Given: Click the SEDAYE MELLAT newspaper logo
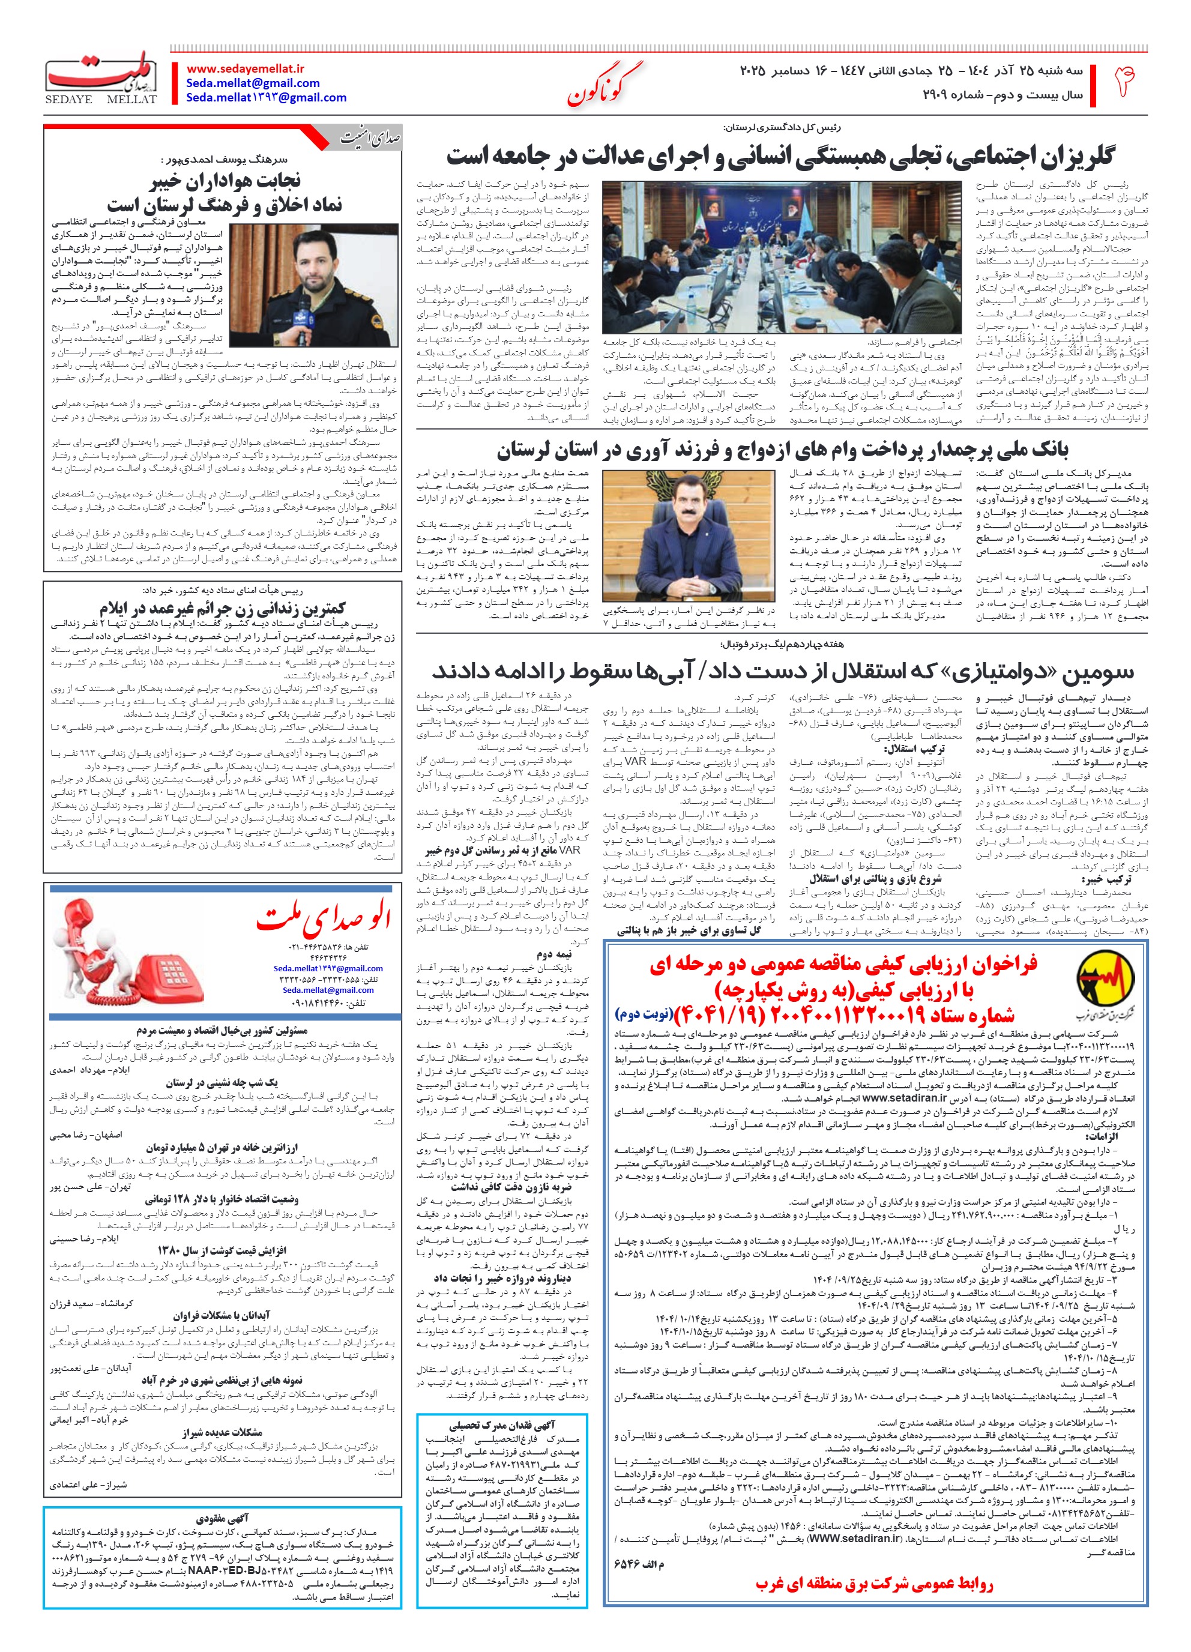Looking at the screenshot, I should [x=102, y=79].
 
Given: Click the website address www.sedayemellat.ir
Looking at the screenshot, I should [x=246, y=68].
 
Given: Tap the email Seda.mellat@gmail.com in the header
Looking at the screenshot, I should [x=253, y=83].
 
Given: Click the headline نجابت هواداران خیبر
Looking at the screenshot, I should [x=225, y=181].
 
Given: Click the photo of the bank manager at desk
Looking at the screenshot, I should [x=689, y=536].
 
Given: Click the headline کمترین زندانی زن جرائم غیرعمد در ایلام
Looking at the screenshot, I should [x=222, y=607].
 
